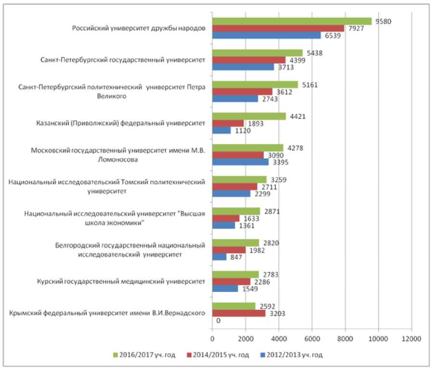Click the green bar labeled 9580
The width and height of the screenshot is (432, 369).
pyautogui.click(x=292, y=21)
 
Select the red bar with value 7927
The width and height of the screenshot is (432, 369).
pyautogui.click(x=278, y=28)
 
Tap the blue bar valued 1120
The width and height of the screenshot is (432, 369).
pyautogui.click(x=222, y=131)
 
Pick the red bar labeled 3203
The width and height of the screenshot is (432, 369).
pyautogui.click(x=239, y=313)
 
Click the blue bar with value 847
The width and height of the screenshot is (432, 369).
pyautogui.click(x=219, y=257)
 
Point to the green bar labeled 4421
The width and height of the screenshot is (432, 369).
pyautogui.click(x=249, y=116)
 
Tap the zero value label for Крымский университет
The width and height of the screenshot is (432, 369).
pyautogui.click(x=218, y=321)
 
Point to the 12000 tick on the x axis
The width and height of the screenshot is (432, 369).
pyautogui.click(x=411, y=338)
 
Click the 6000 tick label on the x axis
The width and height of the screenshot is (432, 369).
pyautogui.click(x=312, y=338)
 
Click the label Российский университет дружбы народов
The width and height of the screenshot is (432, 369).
pyautogui.click(x=139, y=28)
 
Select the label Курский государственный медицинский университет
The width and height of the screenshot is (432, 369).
pyautogui.click(x=122, y=281)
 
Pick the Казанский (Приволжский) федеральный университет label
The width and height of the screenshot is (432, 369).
pyautogui.click(x=121, y=123)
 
